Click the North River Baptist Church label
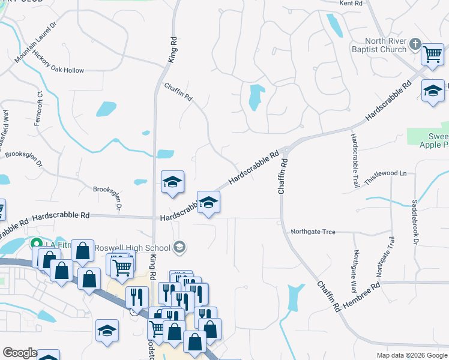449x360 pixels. (379, 45)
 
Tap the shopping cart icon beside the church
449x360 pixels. (432, 55)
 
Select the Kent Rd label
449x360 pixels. (351, 3)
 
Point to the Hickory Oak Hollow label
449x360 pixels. (59, 70)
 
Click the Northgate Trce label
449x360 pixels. (313, 232)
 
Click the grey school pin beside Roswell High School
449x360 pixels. (179, 247)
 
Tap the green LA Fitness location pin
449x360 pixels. (35, 244)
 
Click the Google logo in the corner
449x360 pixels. (19, 353)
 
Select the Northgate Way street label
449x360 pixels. (355, 267)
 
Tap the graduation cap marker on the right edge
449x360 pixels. (432, 91)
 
